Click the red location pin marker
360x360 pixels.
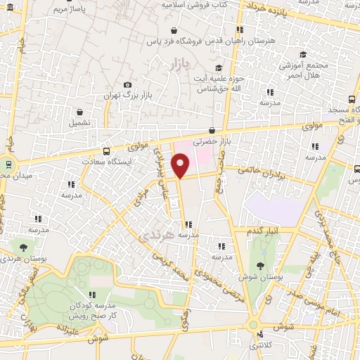[181, 166]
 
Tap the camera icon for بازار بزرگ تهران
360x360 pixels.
[127, 85]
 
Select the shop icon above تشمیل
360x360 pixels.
[79, 111]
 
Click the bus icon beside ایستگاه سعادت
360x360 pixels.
[106, 150]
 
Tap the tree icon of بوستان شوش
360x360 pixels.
[260, 266]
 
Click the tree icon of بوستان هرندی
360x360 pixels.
[23, 247]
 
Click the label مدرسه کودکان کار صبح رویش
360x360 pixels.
[91, 311]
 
